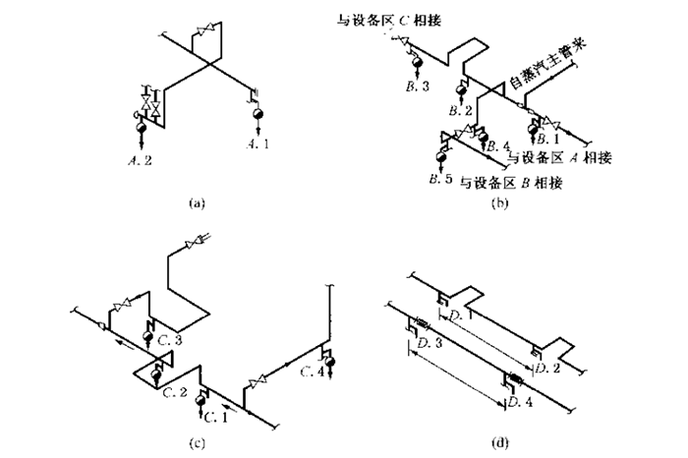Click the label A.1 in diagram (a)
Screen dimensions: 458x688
[258, 143]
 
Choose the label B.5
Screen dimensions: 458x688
[439, 180]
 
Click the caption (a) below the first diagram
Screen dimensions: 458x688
[195, 203]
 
